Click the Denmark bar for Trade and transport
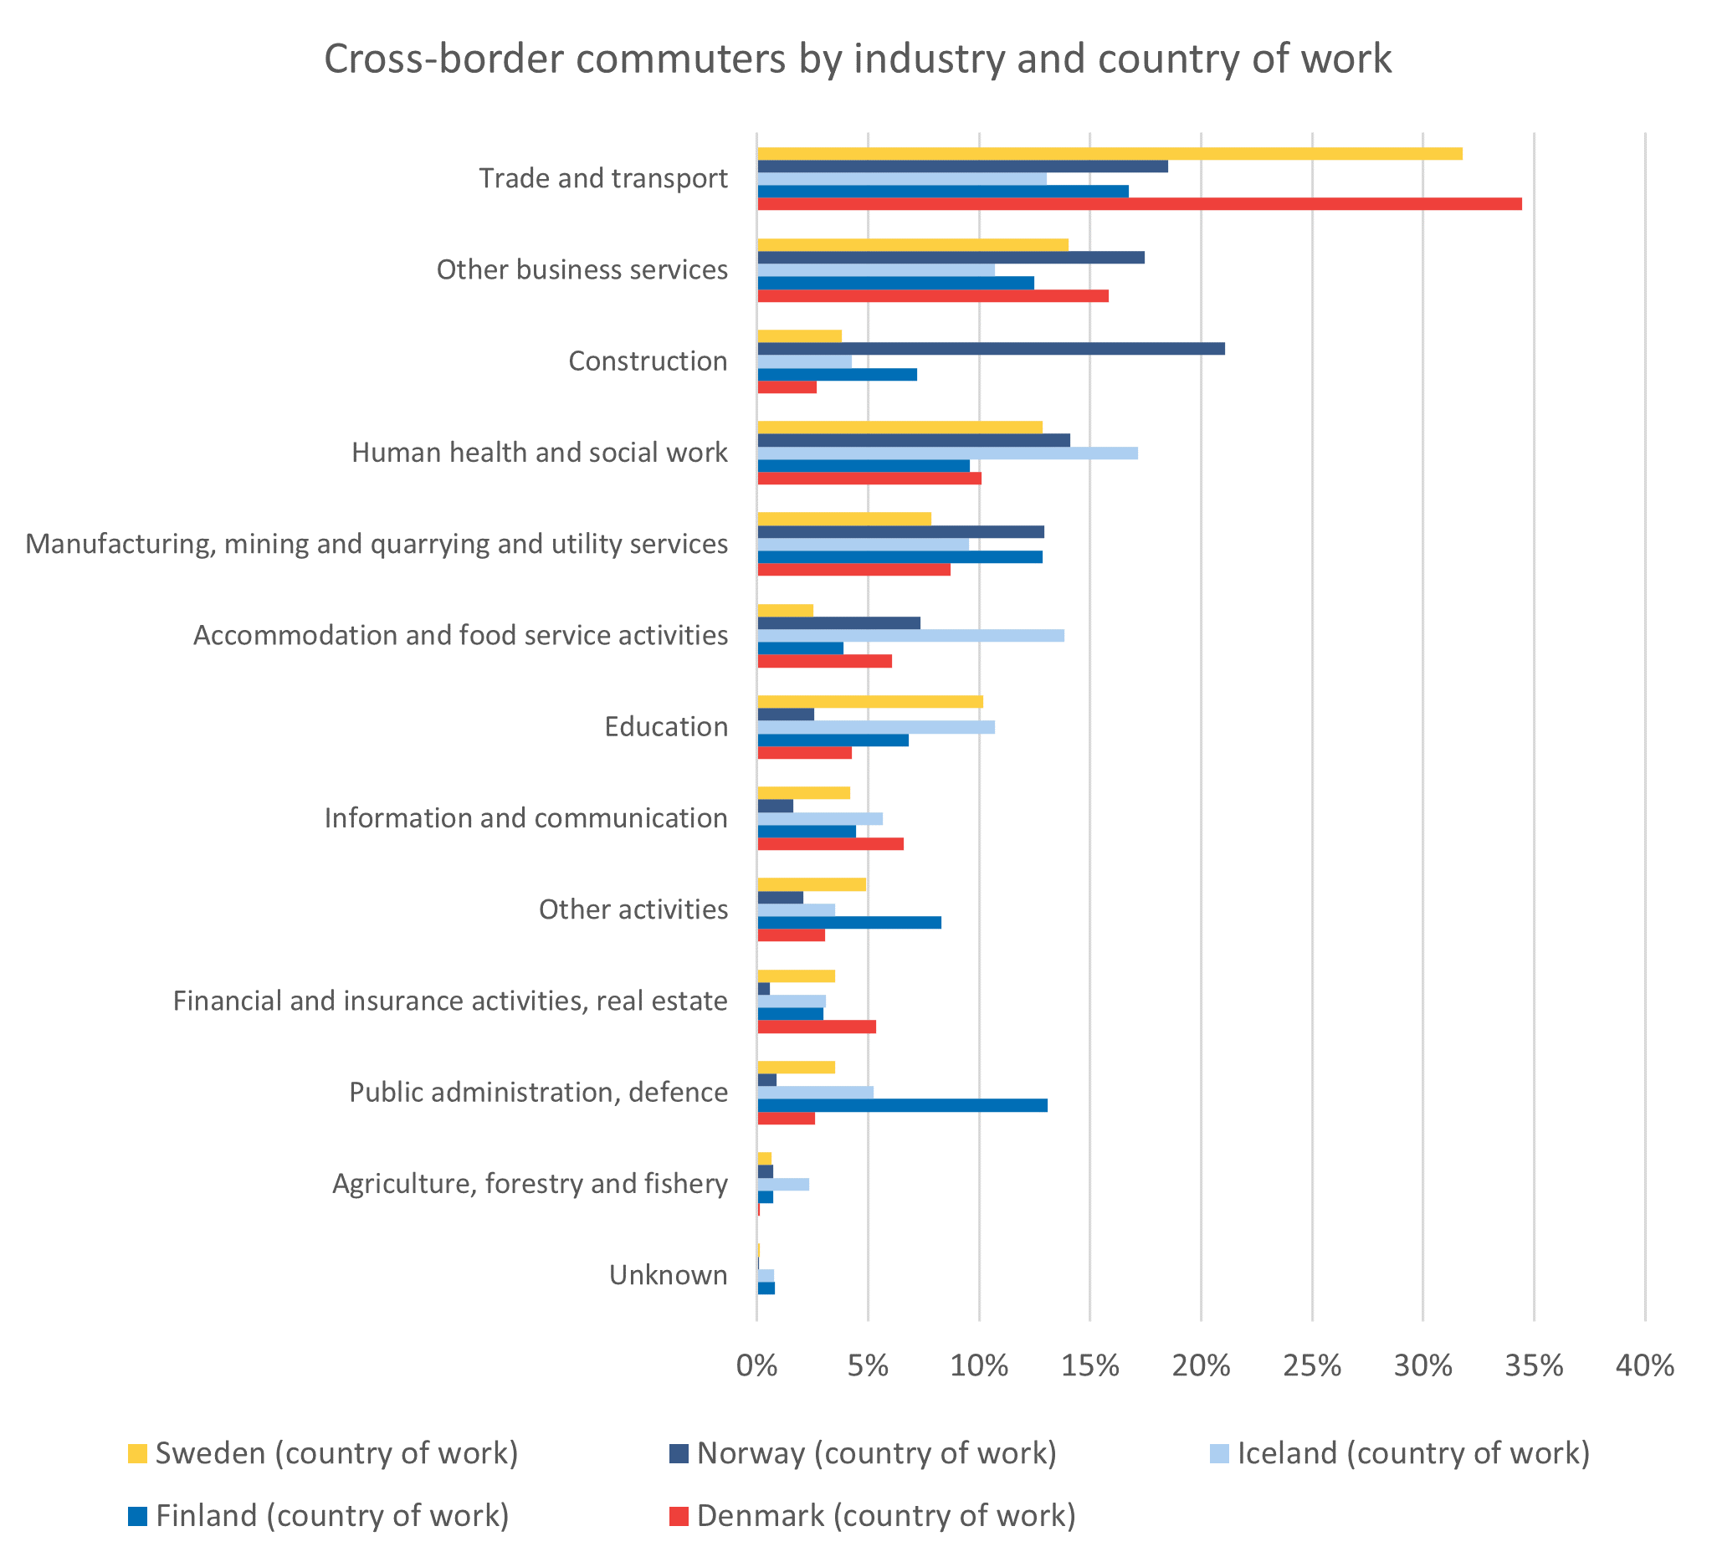(x=1139, y=204)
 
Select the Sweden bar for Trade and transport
(x=1109, y=154)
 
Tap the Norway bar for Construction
(x=991, y=348)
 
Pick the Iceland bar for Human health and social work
(x=947, y=453)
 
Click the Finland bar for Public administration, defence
(x=902, y=1105)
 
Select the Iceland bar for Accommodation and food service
(x=910, y=635)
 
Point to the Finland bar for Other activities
(x=849, y=923)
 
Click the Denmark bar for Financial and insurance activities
(x=817, y=1027)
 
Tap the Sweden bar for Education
(x=869, y=702)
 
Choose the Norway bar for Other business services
(x=951, y=257)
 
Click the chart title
(x=858, y=59)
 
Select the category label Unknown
(x=669, y=1275)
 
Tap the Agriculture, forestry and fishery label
(x=530, y=1184)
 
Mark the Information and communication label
(x=525, y=818)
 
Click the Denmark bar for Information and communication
(x=830, y=844)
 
